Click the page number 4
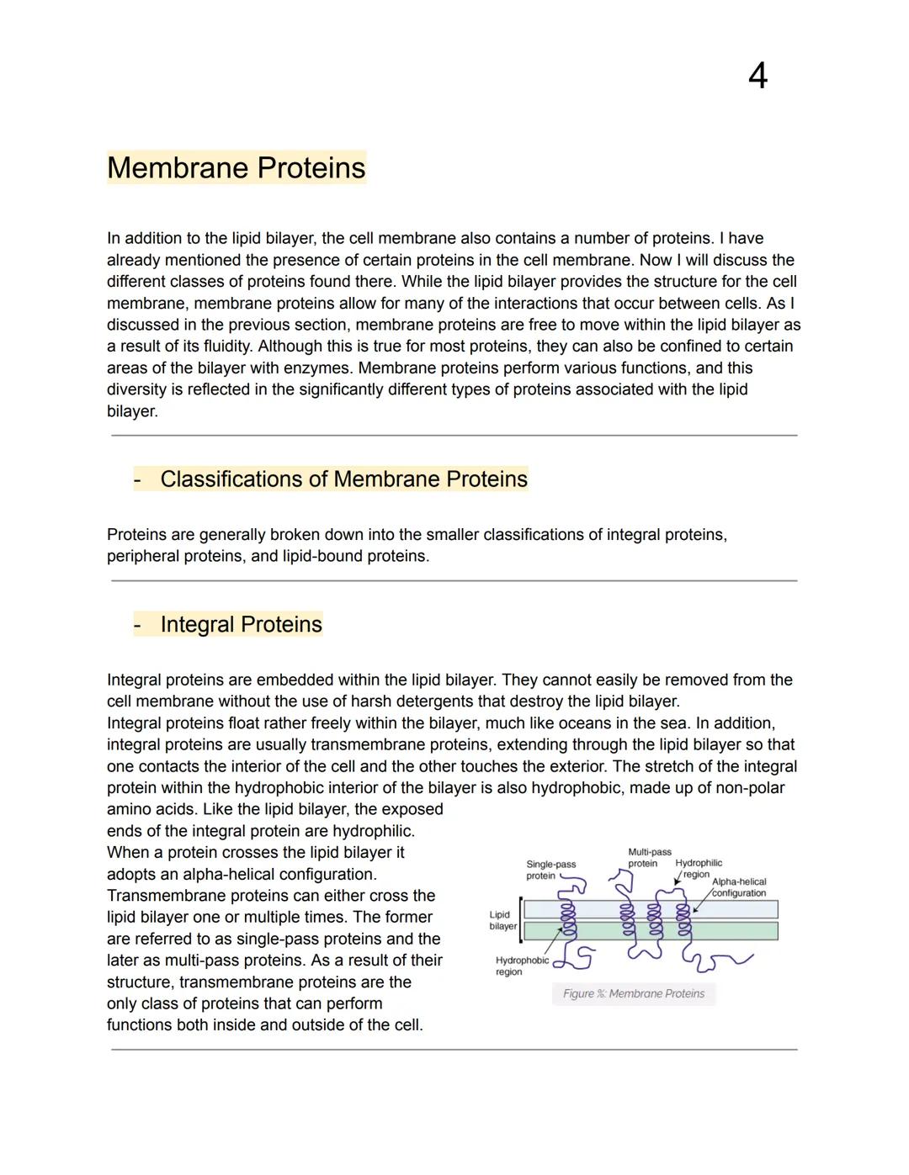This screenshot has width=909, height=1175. [757, 77]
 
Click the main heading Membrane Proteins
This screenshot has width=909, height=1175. [237, 167]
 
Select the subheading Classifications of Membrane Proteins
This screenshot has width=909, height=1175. [343, 479]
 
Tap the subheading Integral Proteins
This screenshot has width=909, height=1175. [241, 624]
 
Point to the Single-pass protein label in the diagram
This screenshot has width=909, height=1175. [550, 870]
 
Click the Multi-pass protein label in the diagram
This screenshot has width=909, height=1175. [649, 858]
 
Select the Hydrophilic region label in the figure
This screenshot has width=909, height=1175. [699, 868]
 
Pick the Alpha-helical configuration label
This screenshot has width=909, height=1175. [739, 887]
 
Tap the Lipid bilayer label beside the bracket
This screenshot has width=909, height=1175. [502, 920]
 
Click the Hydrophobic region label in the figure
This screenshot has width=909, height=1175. [522, 966]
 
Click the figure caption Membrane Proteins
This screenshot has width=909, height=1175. [634, 993]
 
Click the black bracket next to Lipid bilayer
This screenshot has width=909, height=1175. [521, 919]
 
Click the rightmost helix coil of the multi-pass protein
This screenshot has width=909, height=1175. [683, 919]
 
